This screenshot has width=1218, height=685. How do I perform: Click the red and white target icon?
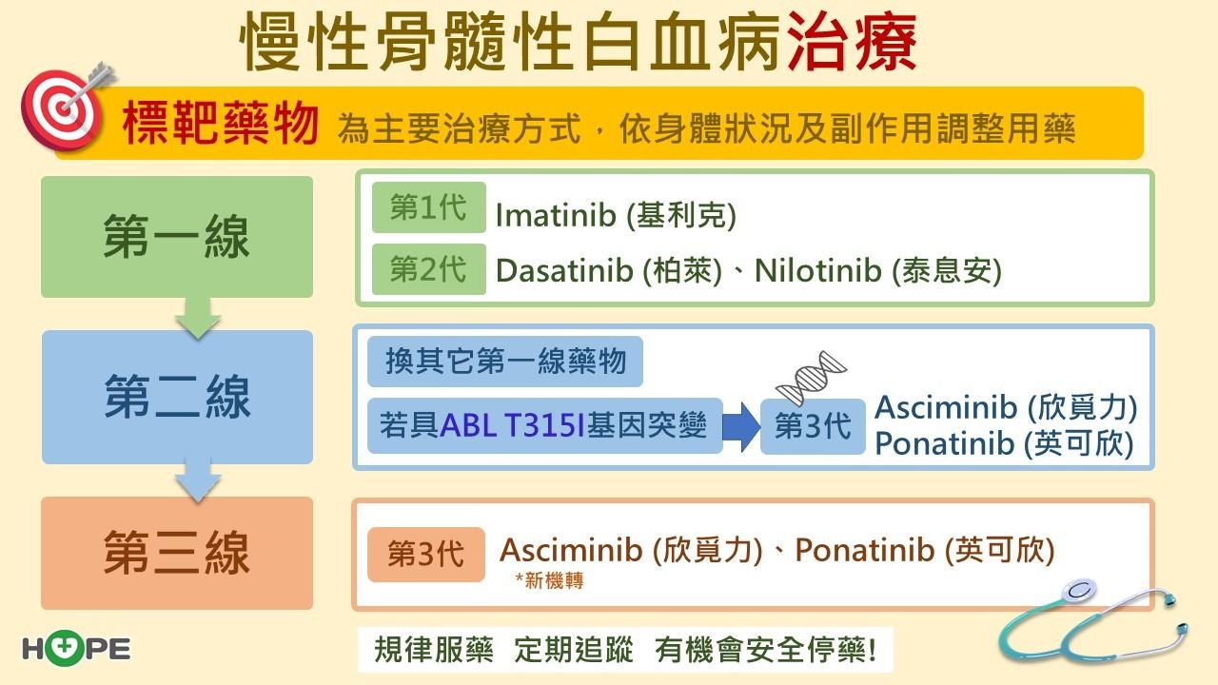pyautogui.click(x=61, y=108)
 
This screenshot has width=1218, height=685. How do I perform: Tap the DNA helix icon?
pyautogui.click(x=811, y=378)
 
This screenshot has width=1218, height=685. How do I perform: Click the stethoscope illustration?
pyautogui.click(x=1093, y=622)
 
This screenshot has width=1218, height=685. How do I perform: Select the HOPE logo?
pyautogui.click(x=77, y=649)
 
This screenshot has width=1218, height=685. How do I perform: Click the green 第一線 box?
pyautogui.click(x=177, y=237)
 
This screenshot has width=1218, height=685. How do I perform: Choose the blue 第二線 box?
pyautogui.click(x=177, y=397)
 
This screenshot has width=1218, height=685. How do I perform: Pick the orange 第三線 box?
pyautogui.click(x=177, y=553)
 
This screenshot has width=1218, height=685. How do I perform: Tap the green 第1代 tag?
pyautogui.click(x=428, y=207)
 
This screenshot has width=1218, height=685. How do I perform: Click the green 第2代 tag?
pyautogui.click(x=428, y=269)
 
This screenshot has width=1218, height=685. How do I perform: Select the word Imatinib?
pyautogui.click(x=555, y=215)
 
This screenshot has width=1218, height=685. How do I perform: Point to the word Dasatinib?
pyautogui.click(x=564, y=270)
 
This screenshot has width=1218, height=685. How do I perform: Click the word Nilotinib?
pyautogui.click(x=817, y=270)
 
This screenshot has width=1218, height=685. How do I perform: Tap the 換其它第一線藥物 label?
pyautogui.click(x=505, y=362)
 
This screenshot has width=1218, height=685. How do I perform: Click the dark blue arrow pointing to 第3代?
pyautogui.click(x=741, y=427)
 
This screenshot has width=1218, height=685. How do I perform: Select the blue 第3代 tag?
pyautogui.click(x=813, y=426)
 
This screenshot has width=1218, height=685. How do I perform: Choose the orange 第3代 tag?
pyautogui.click(x=425, y=555)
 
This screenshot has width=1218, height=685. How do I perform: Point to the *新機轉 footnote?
pyautogui.click(x=549, y=580)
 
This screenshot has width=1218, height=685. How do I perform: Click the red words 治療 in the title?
pyautogui.click(x=852, y=43)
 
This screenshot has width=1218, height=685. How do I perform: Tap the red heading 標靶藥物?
pyautogui.click(x=220, y=124)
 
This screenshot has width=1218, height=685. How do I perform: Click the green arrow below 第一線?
pyautogui.click(x=198, y=318)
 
